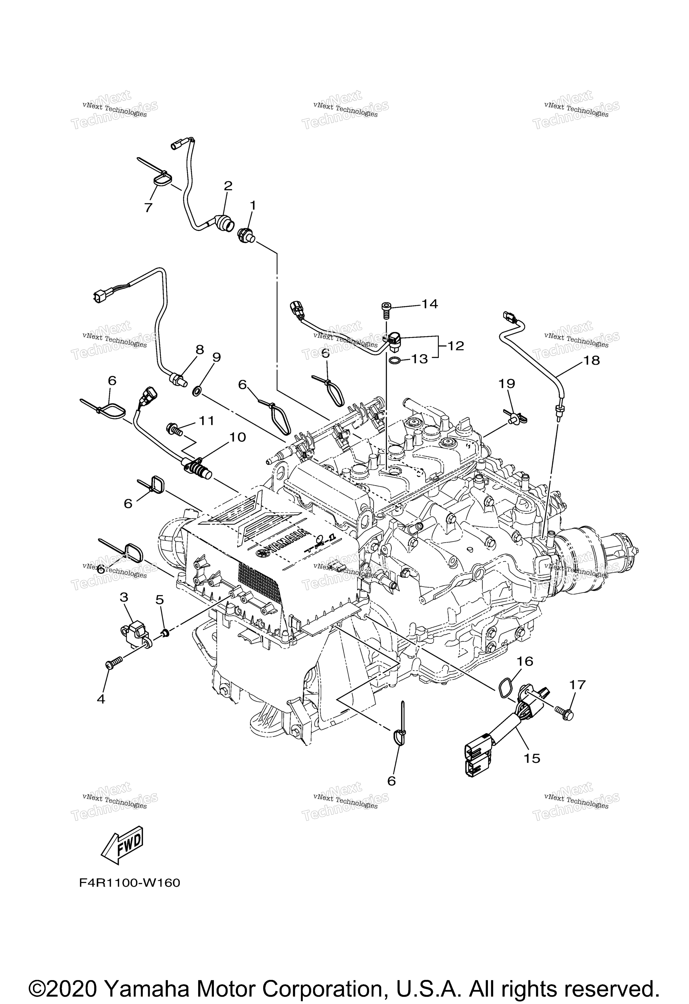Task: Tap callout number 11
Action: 207,420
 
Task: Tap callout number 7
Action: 149,208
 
